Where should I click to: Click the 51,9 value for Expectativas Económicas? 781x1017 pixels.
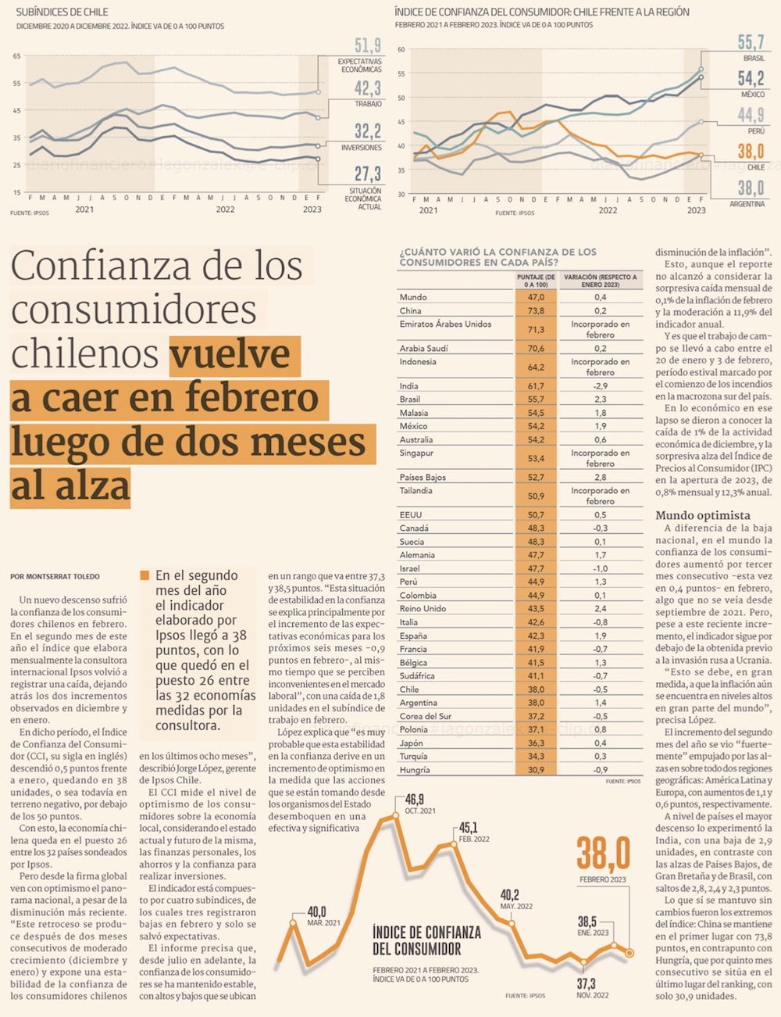[x=367, y=46]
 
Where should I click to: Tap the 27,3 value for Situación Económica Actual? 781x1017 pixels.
[x=367, y=174]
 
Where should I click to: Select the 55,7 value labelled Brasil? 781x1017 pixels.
[x=751, y=42]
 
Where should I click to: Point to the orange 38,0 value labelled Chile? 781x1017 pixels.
[x=751, y=151]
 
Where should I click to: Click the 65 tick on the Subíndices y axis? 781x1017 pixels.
[x=17, y=56]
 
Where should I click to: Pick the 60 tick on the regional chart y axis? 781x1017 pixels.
[x=401, y=49]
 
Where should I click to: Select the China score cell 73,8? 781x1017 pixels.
[x=536, y=310]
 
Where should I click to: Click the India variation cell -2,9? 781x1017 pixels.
[x=600, y=386]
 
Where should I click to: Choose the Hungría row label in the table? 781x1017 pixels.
[x=415, y=770]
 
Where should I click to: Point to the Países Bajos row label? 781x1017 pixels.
[x=423, y=477]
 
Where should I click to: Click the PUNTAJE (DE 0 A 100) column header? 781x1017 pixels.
[x=536, y=281]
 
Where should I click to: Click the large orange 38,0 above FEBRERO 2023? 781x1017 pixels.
[x=603, y=853]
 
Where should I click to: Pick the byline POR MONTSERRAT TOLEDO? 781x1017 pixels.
[x=55, y=577]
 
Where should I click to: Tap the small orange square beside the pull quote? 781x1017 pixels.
[x=144, y=575]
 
